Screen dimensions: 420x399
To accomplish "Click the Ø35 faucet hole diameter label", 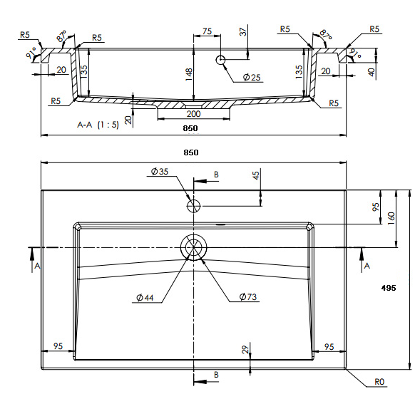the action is (x=160, y=171).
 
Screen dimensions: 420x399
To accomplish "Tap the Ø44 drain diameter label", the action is (x=145, y=297).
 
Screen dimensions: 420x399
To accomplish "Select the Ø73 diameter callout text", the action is (x=247, y=296).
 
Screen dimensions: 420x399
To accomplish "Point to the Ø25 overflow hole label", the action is (x=252, y=78).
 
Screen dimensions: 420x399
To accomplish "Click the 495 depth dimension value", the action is (x=389, y=288).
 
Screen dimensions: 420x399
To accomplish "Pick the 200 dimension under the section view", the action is (x=193, y=114).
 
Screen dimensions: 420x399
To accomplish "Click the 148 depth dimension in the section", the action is (x=188, y=74).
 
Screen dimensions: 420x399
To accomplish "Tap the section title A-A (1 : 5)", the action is (x=98, y=125).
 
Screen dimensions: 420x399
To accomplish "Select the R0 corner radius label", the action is (x=379, y=382).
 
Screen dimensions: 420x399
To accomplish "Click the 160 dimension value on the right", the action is (x=391, y=218).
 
